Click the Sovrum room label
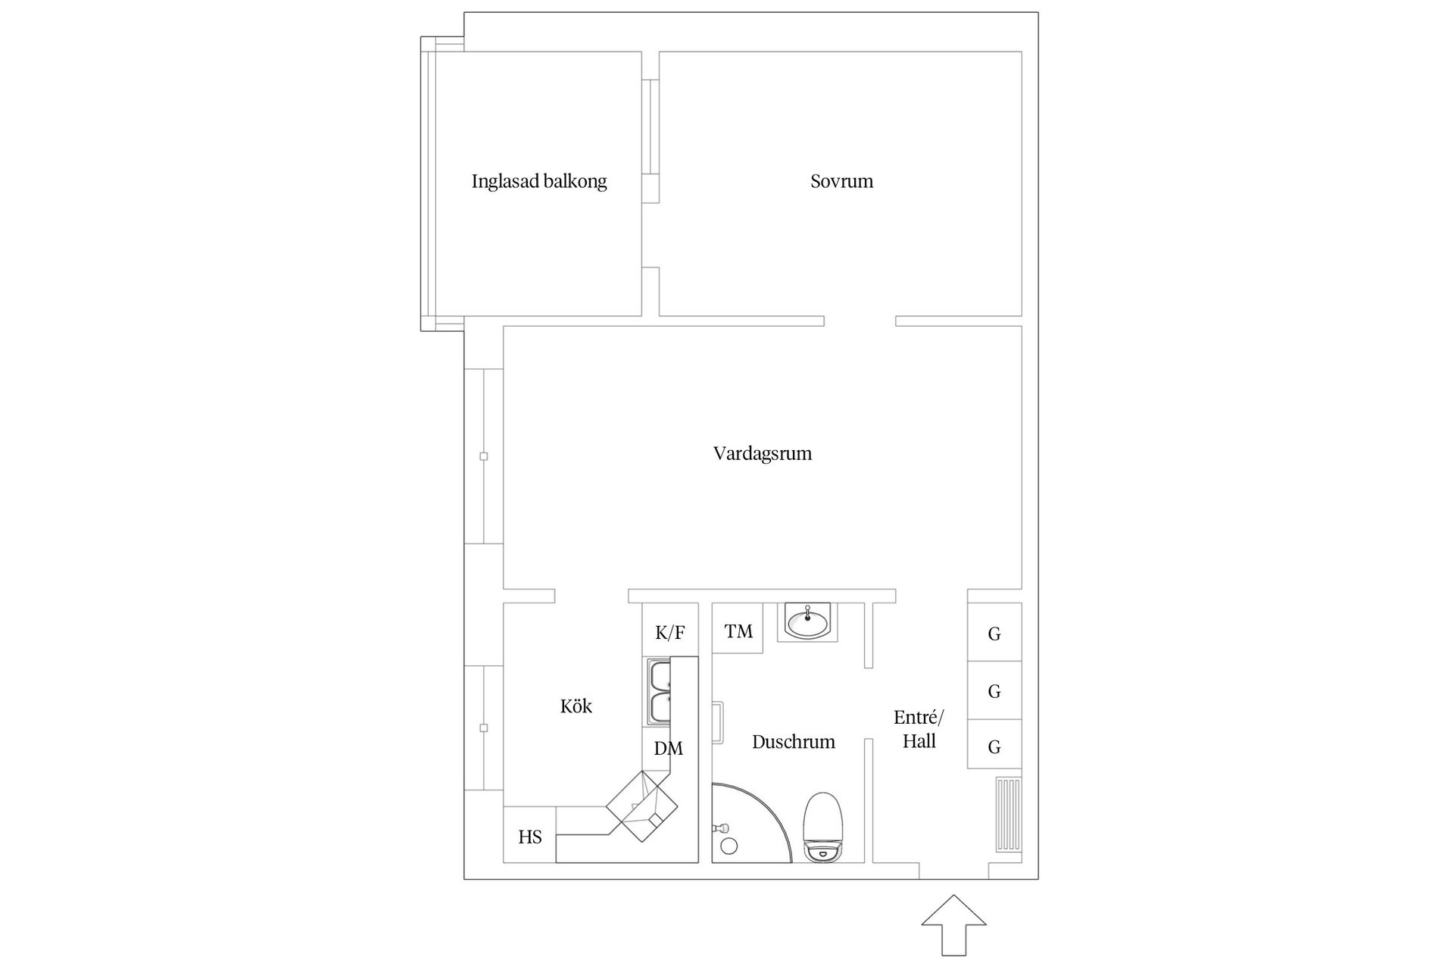(x=841, y=181)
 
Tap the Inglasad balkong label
(x=539, y=181)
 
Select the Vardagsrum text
(x=762, y=453)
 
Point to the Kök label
(x=576, y=706)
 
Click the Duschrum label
(x=793, y=741)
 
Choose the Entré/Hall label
(x=919, y=729)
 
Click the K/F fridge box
(x=669, y=630)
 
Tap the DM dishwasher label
(x=668, y=749)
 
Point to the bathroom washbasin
(x=808, y=621)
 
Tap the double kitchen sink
(x=659, y=691)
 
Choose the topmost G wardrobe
(x=994, y=633)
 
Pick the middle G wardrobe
(x=994, y=690)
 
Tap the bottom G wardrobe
(x=994, y=746)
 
